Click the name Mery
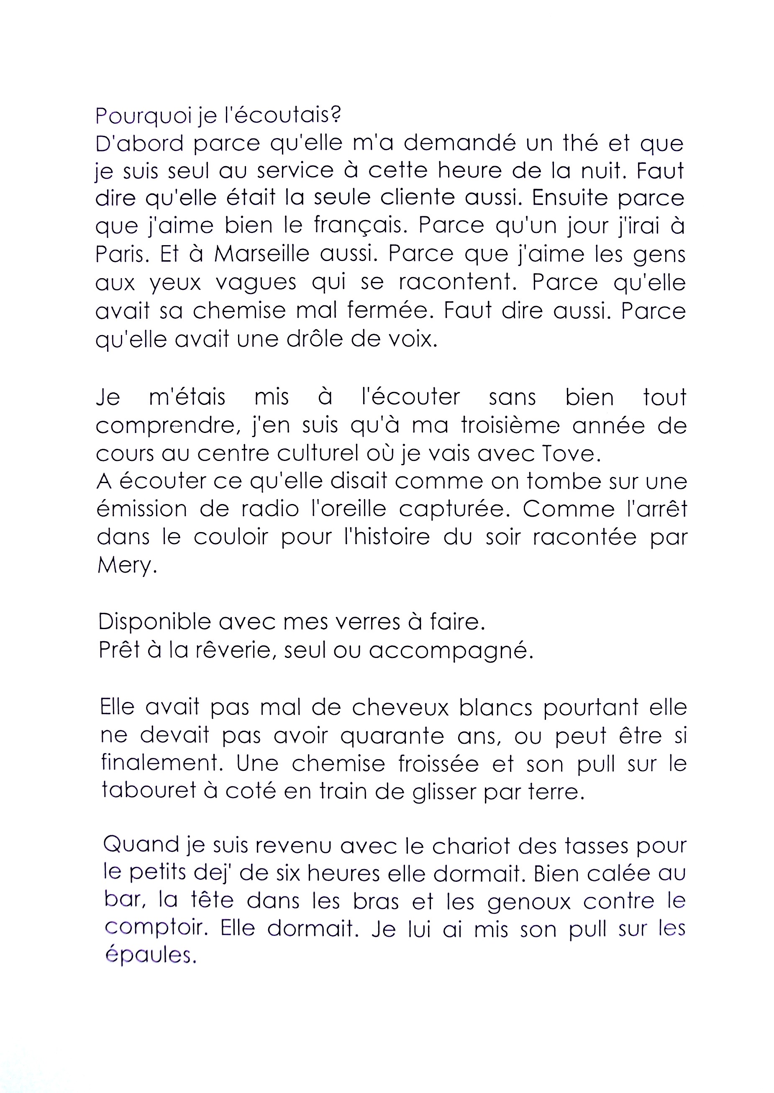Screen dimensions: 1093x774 (126, 566)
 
